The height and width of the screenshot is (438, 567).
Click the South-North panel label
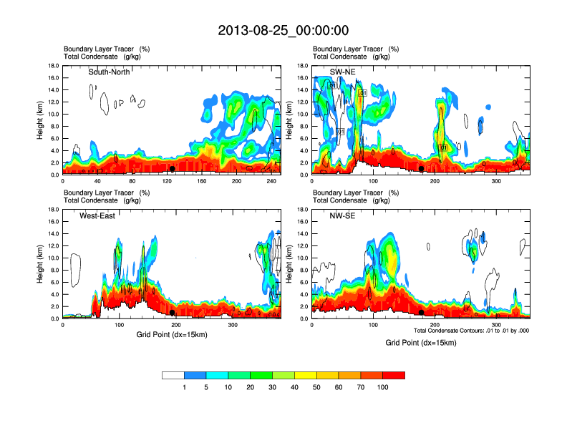click(x=112, y=72)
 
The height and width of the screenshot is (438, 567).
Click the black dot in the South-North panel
click(x=172, y=169)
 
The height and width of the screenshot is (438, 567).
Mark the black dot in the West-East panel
click(x=173, y=313)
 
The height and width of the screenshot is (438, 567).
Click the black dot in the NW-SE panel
click(x=422, y=313)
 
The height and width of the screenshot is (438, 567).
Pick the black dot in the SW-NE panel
click(x=422, y=169)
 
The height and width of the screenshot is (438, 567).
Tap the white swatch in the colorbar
click(x=173, y=375)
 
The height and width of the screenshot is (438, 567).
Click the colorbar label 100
click(x=383, y=387)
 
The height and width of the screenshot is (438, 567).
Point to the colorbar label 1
click(x=184, y=387)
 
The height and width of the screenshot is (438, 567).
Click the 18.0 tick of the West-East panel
click(x=52, y=210)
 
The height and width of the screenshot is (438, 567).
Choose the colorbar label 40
click(x=294, y=387)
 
